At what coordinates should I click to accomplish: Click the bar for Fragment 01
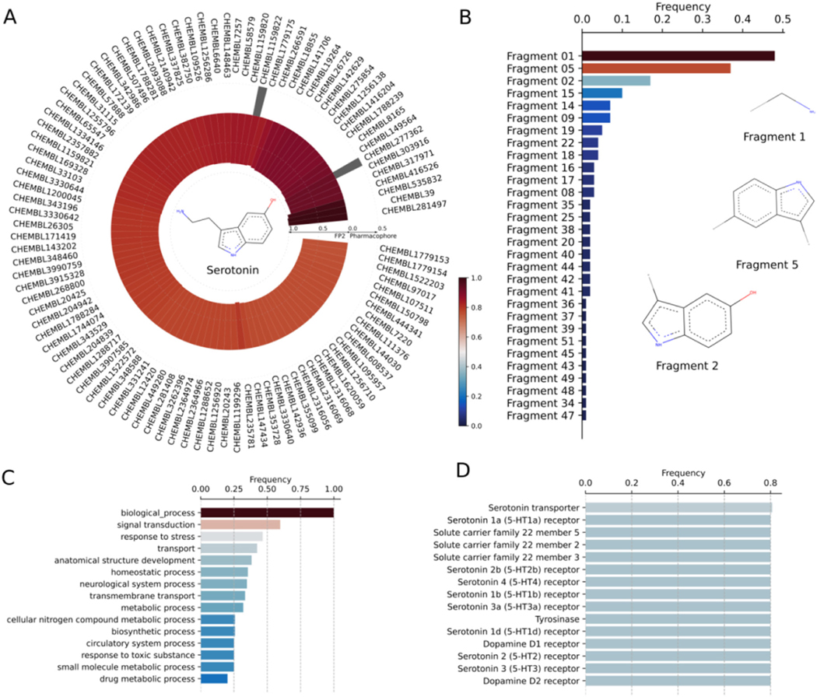pos(677,56)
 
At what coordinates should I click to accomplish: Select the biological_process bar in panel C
pos(266,513)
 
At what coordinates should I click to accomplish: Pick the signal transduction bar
pos(240,525)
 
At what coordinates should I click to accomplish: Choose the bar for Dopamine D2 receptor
pos(677,679)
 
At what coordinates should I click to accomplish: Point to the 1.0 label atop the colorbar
pos(486,278)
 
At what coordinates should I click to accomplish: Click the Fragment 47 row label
pos(539,415)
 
